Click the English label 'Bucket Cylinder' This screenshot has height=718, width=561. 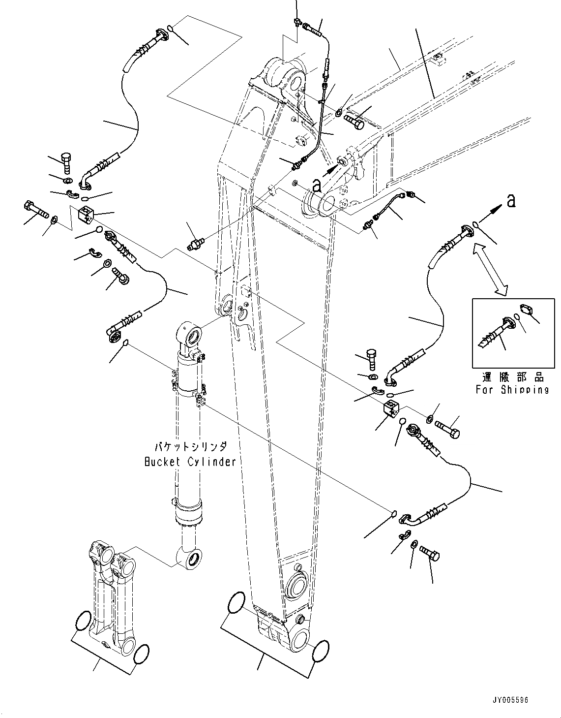pos(190,462)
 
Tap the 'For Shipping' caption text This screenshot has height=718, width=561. pos(512,390)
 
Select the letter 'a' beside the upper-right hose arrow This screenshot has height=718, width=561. pos(511,201)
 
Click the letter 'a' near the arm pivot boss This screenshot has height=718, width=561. pos(317,186)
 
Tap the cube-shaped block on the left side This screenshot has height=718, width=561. pos(87,214)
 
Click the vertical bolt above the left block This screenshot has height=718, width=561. pos(66,163)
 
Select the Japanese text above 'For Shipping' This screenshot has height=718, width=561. pos(512,376)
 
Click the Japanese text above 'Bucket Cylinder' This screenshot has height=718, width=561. pos(191,447)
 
